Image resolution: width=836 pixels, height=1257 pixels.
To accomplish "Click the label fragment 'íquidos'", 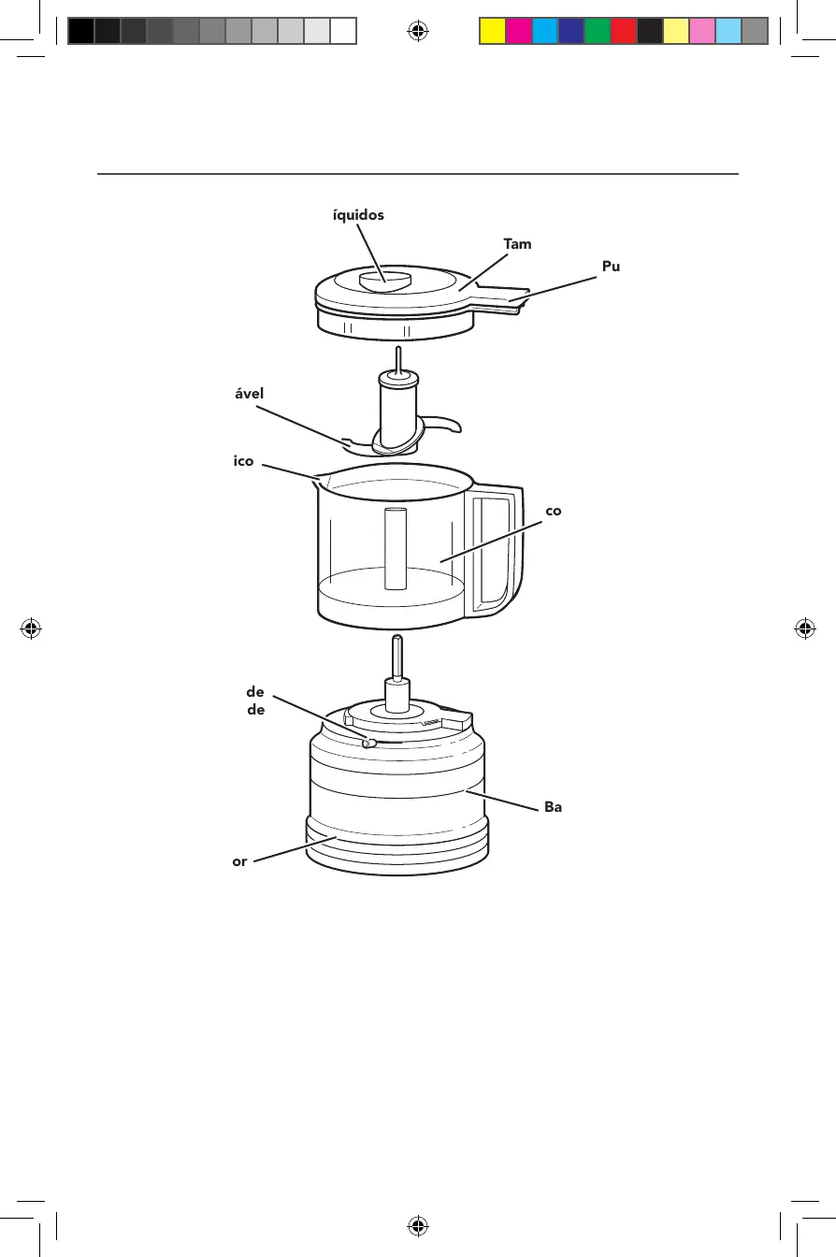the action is (358, 214).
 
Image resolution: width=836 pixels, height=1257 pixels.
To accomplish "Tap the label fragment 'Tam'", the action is (517, 244).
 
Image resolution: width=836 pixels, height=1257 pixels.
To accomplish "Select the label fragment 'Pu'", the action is (612, 267).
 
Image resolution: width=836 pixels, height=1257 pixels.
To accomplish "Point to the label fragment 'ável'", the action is (249, 394).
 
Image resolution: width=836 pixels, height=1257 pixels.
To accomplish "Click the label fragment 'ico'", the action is (243, 461).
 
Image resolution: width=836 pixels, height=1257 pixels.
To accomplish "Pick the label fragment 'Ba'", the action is (553, 806).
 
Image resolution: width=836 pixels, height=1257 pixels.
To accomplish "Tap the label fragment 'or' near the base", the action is (239, 861).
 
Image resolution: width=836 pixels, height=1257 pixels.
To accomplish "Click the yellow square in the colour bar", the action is (492, 32).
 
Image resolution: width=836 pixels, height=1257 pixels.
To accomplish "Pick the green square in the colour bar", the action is (597, 32).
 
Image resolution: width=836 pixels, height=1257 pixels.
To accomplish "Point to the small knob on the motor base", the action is (368, 744).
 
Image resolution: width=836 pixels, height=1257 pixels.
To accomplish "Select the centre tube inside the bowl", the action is (396, 549).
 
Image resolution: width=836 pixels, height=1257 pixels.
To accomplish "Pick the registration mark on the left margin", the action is (32, 628).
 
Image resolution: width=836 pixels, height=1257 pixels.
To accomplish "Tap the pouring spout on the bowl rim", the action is (323, 482).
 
